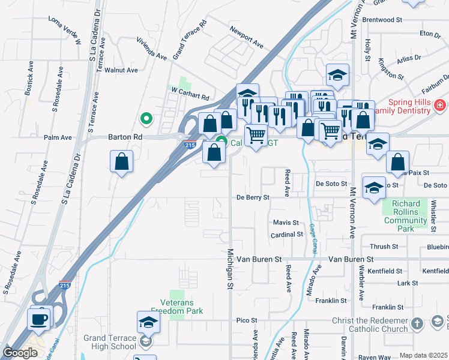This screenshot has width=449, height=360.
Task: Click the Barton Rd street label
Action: pyautogui.click(x=125, y=137)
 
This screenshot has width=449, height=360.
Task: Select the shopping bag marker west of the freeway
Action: pyautogui.click(x=121, y=161)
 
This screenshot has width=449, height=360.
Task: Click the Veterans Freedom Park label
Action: pyautogui.click(x=177, y=307)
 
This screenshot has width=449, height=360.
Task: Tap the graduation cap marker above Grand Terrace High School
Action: pyautogui.click(x=148, y=323)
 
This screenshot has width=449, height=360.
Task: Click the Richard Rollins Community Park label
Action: pyautogui.click(x=405, y=216)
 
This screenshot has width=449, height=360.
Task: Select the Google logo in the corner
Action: pyautogui.click(x=20, y=353)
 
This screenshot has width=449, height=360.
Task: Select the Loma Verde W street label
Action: pyautogui.click(x=64, y=31)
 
